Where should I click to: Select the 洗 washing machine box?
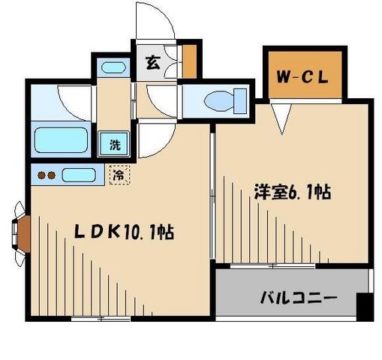(x=115, y=145)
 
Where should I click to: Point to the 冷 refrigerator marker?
(x=119, y=175)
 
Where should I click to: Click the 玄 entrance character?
(x=152, y=63)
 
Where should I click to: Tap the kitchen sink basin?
(x=77, y=176)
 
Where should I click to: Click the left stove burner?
(x=41, y=176)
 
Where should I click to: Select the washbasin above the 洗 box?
(x=113, y=67)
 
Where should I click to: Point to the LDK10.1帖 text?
(x=124, y=233)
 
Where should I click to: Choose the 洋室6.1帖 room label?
(x=292, y=192)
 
